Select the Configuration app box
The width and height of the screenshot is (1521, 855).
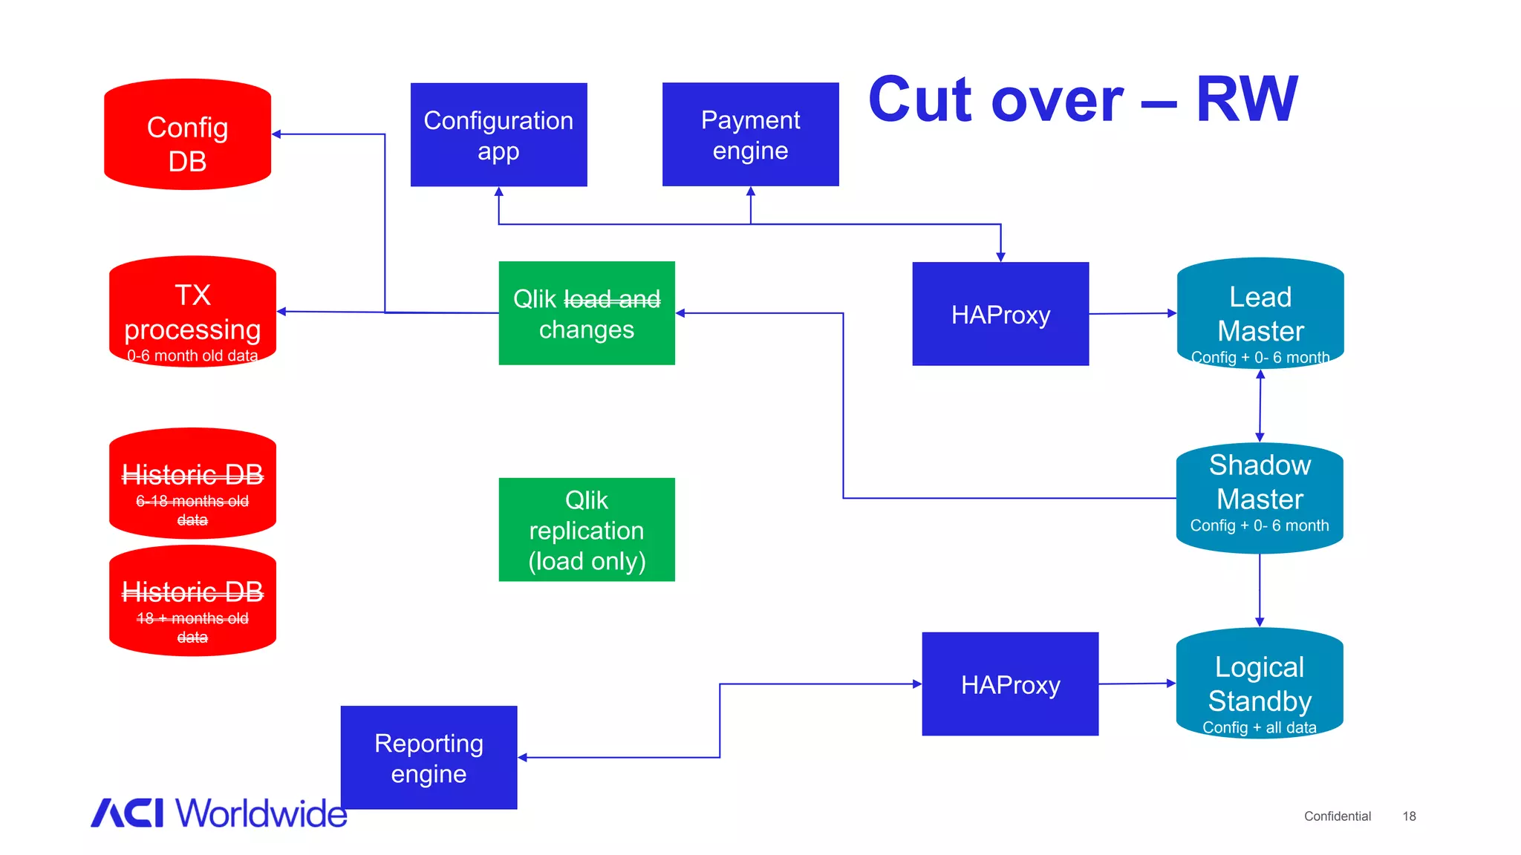498,134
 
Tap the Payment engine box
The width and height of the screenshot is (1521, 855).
750,134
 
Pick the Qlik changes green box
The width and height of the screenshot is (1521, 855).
586,313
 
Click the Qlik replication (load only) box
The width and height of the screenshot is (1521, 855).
586,530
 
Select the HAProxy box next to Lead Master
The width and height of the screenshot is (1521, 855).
1000,314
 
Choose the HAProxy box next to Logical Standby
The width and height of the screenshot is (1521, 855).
1010,684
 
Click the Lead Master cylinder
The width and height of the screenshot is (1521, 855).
1260,313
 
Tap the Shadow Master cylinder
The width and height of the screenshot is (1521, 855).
1260,498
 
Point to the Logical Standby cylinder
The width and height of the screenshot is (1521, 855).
1260,684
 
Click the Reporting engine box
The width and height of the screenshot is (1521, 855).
429,758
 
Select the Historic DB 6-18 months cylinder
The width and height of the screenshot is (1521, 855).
192,484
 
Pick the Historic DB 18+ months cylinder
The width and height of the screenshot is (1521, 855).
192,601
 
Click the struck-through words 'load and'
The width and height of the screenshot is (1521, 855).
612,299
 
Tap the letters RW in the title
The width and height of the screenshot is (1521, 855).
1246,99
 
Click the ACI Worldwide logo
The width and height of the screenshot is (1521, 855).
218,813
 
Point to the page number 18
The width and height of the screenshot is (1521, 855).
1409,816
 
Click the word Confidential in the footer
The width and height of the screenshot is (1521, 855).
1337,816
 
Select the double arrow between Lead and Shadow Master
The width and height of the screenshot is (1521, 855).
1260,406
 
